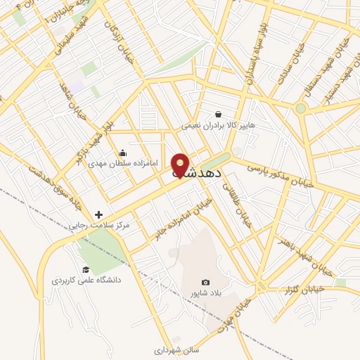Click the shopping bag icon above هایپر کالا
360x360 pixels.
pyautogui.click(x=219, y=114)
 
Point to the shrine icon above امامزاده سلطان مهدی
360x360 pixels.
pyautogui.click(x=123, y=153)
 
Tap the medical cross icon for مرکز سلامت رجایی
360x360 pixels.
pyautogui.click(x=98, y=214)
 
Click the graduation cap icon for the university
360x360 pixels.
pyautogui.click(x=86, y=269)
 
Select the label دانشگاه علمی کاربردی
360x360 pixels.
pyautogui.click(x=86, y=280)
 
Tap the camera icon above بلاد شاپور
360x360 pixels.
pyautogui.click(x=205, y=282)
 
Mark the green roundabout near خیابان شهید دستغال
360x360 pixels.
pyautogui.click(x=301, y=108)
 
